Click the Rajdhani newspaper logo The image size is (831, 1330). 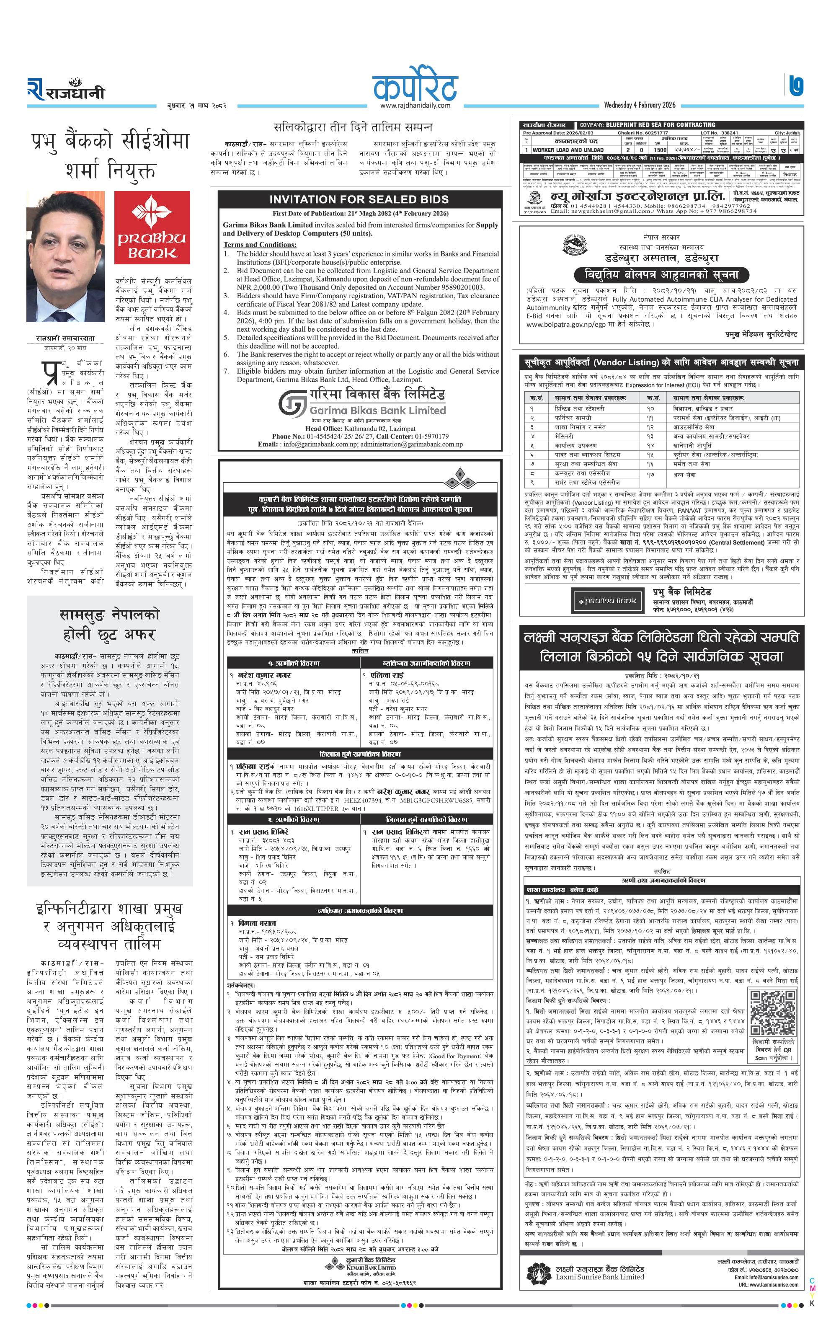click(65, 90)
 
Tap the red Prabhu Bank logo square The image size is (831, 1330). click(152, 227)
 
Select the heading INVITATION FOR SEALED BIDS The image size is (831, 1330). click(359, 199)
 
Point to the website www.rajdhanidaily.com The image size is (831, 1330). click(415, 106)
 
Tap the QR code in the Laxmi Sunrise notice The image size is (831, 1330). click(772, 1012)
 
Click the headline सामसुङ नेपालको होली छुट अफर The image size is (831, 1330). click(109, 624)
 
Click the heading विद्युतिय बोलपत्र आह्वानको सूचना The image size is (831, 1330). click(657, 274)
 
